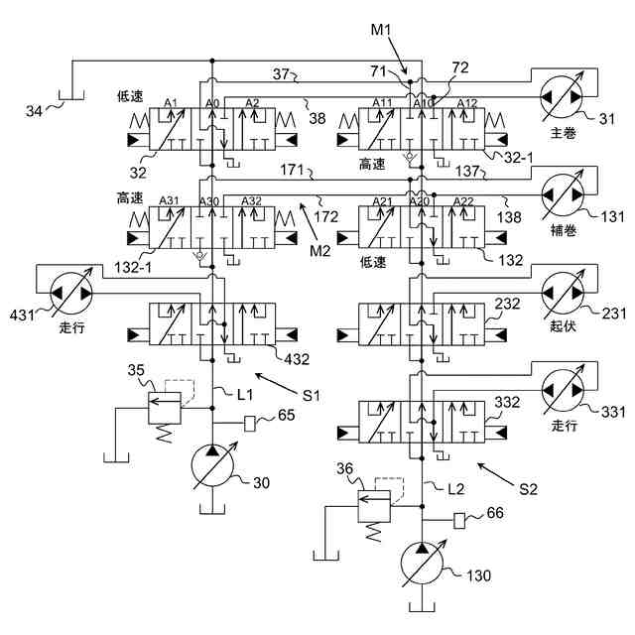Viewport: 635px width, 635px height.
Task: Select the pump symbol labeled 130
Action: (422, 564)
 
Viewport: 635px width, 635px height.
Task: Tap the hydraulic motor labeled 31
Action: (562, 97)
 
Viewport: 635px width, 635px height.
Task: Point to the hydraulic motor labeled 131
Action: (563, 194)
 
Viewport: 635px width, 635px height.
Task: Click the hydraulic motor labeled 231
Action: (563, 292)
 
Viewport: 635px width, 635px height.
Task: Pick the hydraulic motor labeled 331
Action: (563, 390)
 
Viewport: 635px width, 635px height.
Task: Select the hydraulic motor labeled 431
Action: (71, 293)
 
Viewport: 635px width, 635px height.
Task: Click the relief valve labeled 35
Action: (165, 408)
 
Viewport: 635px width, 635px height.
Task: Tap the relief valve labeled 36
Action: (374, 506)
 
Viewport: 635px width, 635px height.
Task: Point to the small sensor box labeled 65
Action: (250, 424)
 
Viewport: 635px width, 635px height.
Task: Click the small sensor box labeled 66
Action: (458, 521)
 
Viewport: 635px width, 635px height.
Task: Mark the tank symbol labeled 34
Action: (71, 95)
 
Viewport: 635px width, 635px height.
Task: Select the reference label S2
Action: (528, 489)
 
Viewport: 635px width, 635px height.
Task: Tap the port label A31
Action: (169, 200)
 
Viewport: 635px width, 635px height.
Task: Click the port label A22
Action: (463, 201)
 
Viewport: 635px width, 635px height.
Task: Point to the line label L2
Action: (456, 489)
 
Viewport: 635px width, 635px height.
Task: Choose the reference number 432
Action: (297, 359)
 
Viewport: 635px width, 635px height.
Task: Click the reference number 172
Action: (326, 217)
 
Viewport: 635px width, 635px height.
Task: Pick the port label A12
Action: (467, 103)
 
